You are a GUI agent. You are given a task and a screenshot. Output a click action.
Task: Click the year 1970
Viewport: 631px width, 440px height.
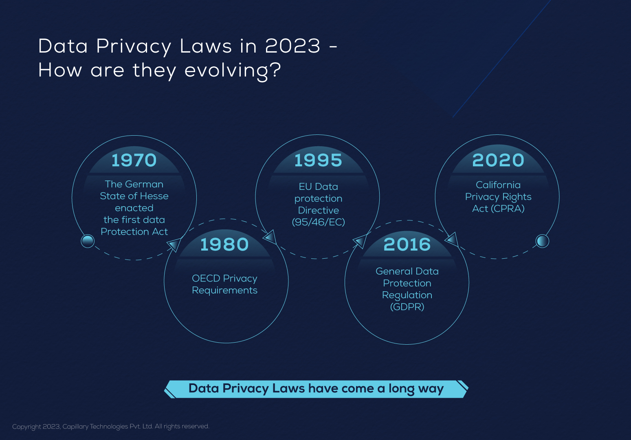click(x=134, y=160)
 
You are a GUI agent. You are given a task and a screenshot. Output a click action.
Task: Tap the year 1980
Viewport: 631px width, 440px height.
click(x=224, y=244)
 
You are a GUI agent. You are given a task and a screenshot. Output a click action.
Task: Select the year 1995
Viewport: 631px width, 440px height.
click(x=318, y=160)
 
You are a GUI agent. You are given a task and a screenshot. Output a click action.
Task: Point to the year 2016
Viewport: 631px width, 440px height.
click(x=407, y=244)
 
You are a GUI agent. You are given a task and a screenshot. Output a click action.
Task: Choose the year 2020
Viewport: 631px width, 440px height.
click(x=498, y=160)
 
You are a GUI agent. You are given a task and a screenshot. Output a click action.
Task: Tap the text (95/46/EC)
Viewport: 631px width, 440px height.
click(x=318, y=222)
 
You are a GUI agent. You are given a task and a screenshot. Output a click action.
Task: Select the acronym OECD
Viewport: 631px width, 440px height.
click(x=206, y=278)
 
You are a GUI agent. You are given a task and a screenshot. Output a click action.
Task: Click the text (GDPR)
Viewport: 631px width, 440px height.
click(x=407, y=307)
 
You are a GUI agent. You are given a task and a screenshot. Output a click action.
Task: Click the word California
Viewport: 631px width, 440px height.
click(x=498, y=185)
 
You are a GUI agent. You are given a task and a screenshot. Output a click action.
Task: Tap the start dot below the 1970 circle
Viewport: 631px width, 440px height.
click(x=88, y=241)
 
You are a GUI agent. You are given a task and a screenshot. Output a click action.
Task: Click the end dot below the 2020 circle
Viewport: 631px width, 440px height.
click(x=542, y=241)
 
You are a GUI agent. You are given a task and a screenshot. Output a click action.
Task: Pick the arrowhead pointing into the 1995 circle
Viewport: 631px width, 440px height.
click(x=270, y=237)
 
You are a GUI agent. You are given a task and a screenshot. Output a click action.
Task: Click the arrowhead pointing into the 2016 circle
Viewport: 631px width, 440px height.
click(x=360, y=241)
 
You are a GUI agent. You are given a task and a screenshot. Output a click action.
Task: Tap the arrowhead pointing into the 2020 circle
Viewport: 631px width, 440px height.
click(x=452, y=239)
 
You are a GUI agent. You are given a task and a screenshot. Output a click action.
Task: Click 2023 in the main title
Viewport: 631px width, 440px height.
click(x=292, y=46)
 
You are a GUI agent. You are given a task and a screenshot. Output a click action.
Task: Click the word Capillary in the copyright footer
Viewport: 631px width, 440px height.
click(x=75, y=427)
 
